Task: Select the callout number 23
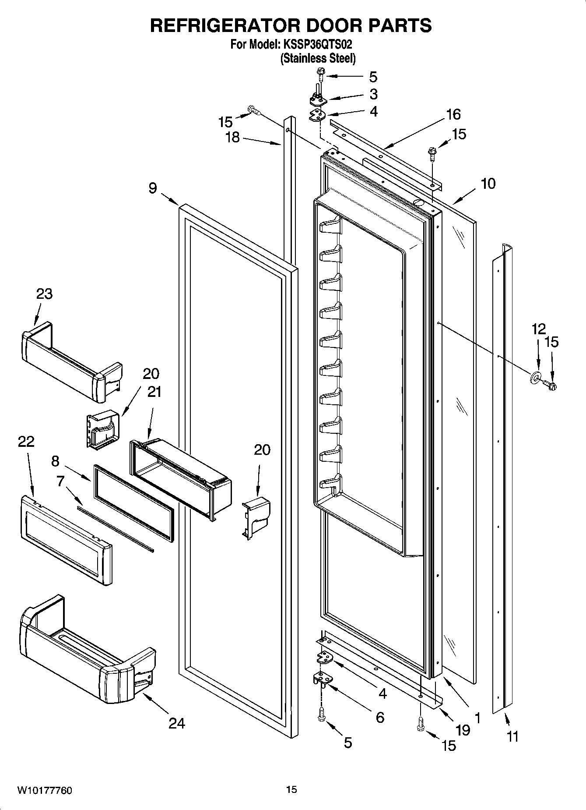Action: [x=45, y=294]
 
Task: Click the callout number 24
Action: [x=177, y=723]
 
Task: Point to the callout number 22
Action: [x=26, y=441]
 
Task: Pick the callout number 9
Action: [x=152, y=188]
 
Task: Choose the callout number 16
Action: [x=453, y=114]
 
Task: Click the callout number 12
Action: [x=539, y=329]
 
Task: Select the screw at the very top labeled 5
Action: [x=319, y=77]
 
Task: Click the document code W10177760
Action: [x=44, y=790]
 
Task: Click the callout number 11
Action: [x=512, y=736]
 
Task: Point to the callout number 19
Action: [x=463, y=730]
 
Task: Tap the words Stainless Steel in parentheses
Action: [x=318, y=58]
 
